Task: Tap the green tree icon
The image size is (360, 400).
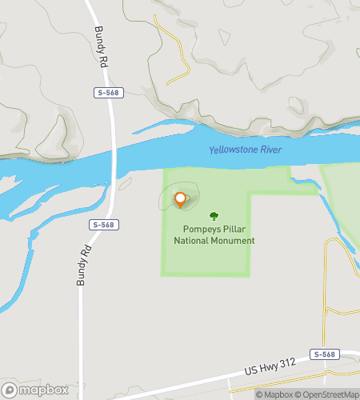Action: pyautogui.click(x=214, y=216)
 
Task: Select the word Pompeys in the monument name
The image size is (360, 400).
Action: pyautogui.click(x=194, y=229)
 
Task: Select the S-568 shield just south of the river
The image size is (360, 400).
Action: pyautogui.click(x=102, y=225)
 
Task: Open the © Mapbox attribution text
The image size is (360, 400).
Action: pyautogui.click(x=274, y=394)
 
